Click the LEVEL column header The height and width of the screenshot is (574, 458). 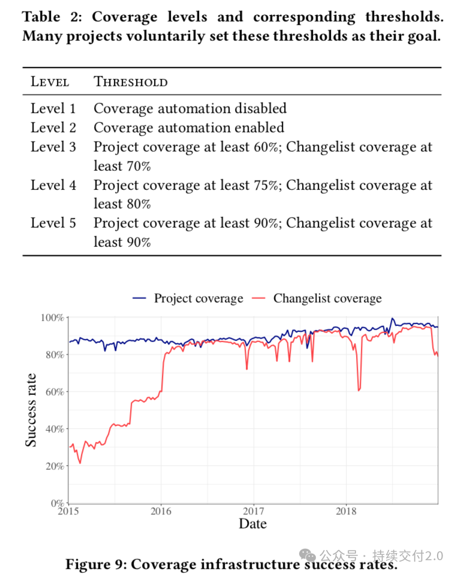point(50,81)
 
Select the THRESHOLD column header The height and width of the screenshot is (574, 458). point(131,81)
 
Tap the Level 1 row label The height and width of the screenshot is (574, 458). point(53,108)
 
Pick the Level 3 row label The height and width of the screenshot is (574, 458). point(53,147)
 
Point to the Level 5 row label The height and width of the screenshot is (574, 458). point(53,223)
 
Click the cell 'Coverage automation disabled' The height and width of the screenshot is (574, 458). point(190,108)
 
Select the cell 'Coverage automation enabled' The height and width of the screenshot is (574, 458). point(189,128)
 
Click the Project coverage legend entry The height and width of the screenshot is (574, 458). point(188,298)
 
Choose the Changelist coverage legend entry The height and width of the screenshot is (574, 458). point(317,298)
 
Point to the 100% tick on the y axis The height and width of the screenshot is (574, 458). point(52,318)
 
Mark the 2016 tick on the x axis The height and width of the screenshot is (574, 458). point(161,511)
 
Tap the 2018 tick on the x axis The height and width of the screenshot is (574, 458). point(346,511)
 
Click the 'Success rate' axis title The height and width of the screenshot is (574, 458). point(31,410)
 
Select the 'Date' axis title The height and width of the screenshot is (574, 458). point(253,524)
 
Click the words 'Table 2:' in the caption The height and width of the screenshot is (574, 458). point(52,17)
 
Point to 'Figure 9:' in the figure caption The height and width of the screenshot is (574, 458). point(96,564)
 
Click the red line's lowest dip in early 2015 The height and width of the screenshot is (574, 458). point(80,463)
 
